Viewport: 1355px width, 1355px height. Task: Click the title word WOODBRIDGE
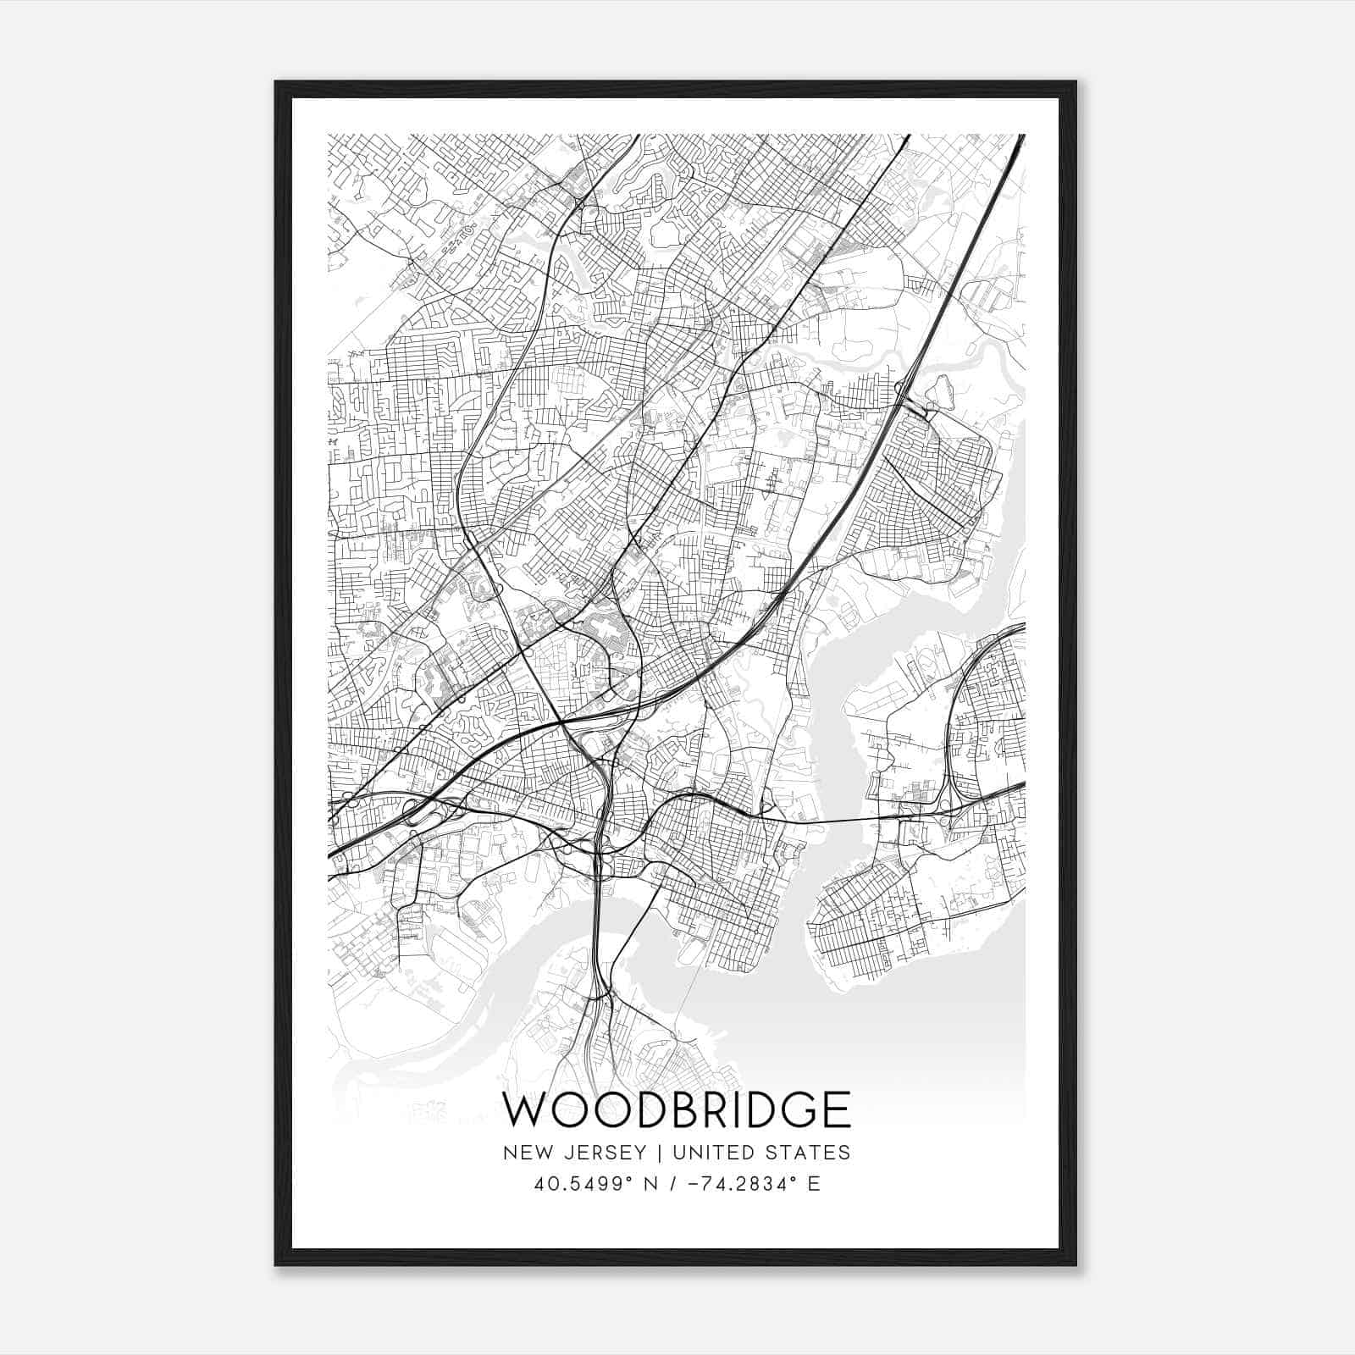[677, 1109]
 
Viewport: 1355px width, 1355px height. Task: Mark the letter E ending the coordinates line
[814, 1184]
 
